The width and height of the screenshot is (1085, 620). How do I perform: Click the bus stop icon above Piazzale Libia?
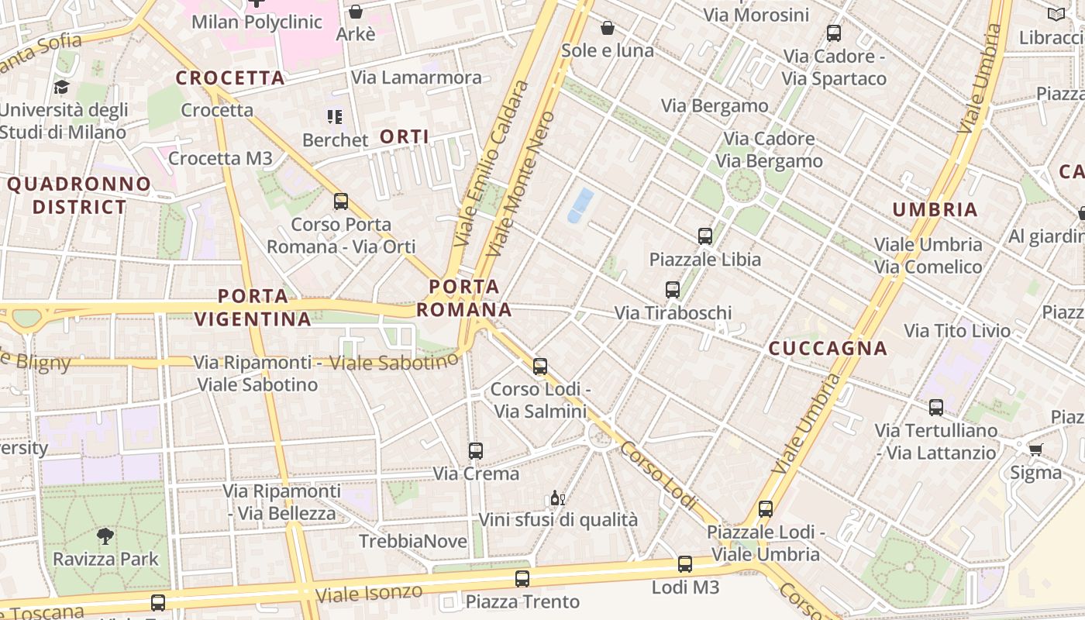(x=704, y=236)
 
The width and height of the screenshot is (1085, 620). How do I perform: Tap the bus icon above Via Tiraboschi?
(x=672, y=290)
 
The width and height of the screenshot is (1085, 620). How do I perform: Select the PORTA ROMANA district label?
(x=464, y=298)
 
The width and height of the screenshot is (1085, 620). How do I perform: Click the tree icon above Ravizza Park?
(x=105, y=536)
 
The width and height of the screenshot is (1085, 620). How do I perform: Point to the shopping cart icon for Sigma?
(x=1035, y=449)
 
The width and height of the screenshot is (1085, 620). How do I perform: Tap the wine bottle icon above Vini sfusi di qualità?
(x=556, y=498)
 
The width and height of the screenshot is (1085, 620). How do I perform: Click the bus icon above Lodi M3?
(x=684, y=564)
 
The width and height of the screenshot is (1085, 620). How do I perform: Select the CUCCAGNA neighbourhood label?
(x=828, y=349)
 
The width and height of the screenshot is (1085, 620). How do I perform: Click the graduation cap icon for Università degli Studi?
(x=61, y=87)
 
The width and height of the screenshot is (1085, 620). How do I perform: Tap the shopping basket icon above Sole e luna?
(x=607, y=28)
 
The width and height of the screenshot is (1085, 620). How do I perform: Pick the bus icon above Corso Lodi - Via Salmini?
(x=539, y=366)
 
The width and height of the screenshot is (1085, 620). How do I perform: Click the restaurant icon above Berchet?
(x=334, y=117)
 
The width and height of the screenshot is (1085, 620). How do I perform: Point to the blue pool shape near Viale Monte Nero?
(x=580, y=205)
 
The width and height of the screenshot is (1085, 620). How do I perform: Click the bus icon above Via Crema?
(x=475, y=450)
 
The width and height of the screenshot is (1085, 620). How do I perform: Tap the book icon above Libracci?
(x=1056, y=14)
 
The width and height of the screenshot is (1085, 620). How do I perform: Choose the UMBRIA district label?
(x=935, y=210)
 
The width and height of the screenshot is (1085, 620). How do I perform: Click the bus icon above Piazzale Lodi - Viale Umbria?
(x=765, y=509)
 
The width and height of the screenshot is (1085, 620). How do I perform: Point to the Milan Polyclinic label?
(x=257, y=22)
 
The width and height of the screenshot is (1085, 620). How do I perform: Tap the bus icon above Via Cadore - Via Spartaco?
(x=833, y=33)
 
